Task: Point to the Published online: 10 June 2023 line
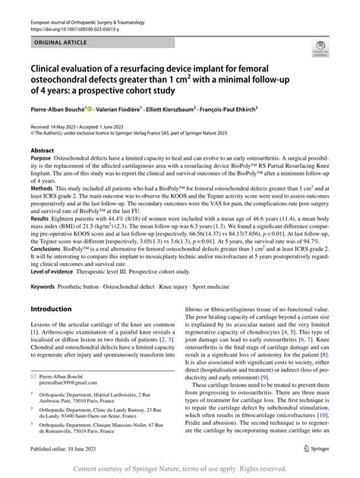coord(70,449)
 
